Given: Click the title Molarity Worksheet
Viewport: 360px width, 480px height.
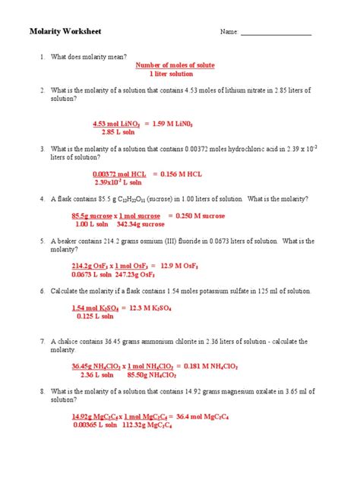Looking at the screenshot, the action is click(x=65, y=31).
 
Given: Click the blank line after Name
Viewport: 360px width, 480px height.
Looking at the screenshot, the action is click(x=276, y=33).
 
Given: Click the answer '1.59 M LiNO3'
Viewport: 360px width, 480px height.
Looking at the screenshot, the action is click(x=189, y=122).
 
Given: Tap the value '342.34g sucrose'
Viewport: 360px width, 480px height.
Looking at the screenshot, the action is click(x=141, y=224).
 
